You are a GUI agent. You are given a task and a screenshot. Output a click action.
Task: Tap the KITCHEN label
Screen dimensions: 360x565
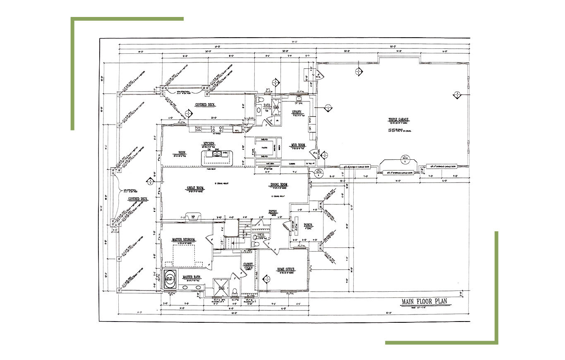click(208, 143)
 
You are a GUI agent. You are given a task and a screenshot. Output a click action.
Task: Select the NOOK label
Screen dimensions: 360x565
click(179, 153)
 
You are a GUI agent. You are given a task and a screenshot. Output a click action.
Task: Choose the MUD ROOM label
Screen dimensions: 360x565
click(298, 145)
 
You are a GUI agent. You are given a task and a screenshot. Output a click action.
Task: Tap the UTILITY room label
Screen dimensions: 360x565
click(297, 112)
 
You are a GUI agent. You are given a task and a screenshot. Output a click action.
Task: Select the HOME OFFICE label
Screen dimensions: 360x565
click(285, 269)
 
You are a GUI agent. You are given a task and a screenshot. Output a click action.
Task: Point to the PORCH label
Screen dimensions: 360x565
click(308, 225)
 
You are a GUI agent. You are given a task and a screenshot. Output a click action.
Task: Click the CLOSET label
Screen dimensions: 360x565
click(248, 264)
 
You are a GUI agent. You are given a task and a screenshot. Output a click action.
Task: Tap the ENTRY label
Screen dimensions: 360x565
click(273, 212)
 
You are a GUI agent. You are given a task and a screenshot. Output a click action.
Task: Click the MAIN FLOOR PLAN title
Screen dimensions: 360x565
click(426, 302)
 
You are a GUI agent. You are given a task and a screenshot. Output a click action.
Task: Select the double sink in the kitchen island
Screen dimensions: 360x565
click(216, 154)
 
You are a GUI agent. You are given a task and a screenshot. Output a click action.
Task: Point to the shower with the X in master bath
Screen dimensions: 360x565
click(220, 287)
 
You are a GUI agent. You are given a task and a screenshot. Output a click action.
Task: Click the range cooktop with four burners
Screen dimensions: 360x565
click(218, 129)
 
